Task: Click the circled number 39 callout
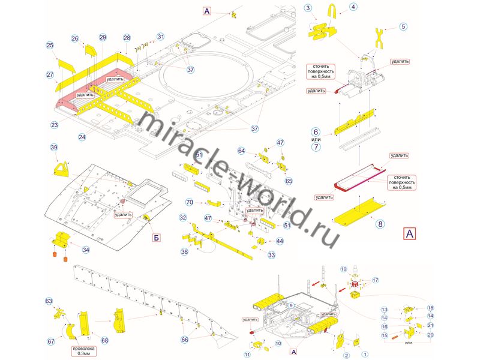(x=53, y=148)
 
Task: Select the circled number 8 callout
(x=379, y=224)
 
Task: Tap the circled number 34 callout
(x=86, y=250)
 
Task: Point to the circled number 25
(x=50, y=46)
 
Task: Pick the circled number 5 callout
(x=403, y=26)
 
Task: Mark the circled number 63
(x=49, y=301)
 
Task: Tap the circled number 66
(x=185, y=340)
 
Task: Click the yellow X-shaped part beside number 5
(x=379, y=37)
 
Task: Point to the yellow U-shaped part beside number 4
(x=332, y=11)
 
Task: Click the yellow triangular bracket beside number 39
(x=62, y=168)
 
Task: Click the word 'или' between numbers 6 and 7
(x=316, y=139)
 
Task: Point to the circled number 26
(x=75, y=38)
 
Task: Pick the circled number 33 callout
(x=272, y=255)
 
